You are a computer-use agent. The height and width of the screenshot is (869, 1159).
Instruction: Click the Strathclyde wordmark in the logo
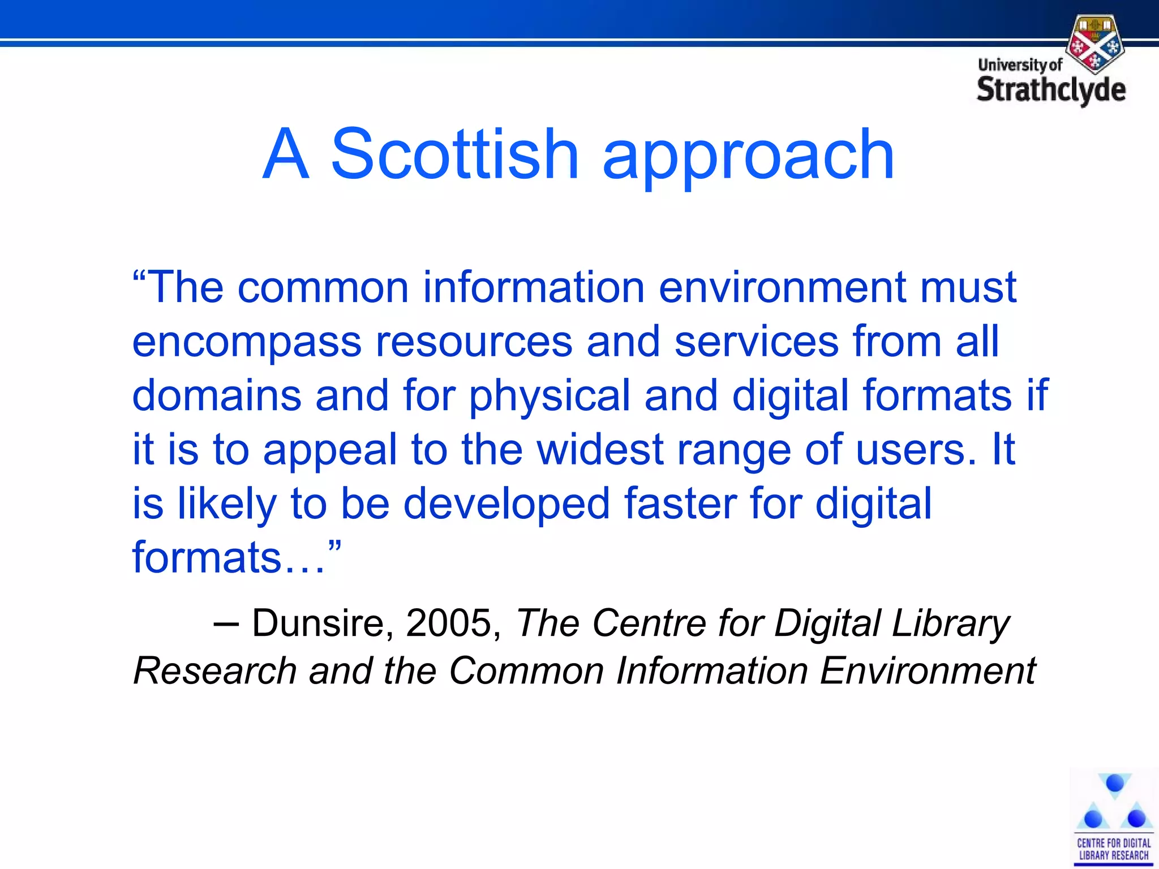click(x=1051, y=90)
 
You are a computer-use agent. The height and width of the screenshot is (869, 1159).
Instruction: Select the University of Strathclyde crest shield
click(x=1095, y=45)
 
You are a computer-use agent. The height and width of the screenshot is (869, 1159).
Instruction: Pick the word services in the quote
click(x=757, y=342)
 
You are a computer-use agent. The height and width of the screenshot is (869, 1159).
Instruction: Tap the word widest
click(x=600, y=450)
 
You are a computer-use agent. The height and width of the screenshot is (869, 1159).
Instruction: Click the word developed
click(x=506, y=504)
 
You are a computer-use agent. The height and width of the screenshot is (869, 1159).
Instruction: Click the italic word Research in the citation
click(x=215, y=671)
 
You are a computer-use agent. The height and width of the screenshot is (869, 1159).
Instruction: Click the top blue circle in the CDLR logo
click(x=1114, y=784)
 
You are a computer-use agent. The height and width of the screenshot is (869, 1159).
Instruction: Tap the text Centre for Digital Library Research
click(x=1113, y=849)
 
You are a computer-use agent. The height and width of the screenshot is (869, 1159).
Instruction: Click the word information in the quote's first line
click(x=534, y=287)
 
